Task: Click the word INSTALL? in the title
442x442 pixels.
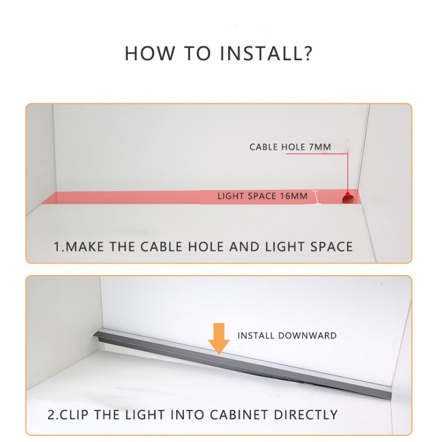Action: (x=266, y=53)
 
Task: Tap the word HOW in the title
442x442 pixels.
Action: (x=150, y=53)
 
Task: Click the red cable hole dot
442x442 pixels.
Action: (x=348, y=194)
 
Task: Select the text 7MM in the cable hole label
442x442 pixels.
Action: (x=320, y=147)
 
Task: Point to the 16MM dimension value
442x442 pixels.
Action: (x=293, y=196)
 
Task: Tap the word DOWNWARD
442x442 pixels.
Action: (x=307, y=335)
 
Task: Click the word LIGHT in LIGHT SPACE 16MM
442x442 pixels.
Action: (x=230, y=196)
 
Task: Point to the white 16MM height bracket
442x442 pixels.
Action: (x=317, y=197)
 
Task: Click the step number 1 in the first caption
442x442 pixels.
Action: (x=57, y=246)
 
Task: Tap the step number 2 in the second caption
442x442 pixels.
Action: (x=51, y=415)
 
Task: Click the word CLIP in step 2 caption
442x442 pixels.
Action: (x=74, y=415)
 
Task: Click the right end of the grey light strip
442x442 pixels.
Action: (x=391, y=393)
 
